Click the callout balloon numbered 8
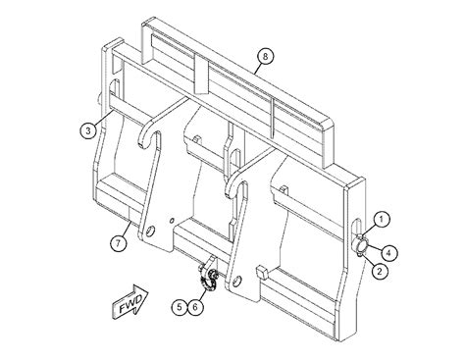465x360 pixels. pyautogui.click(x=265, y=56)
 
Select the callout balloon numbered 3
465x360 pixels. pyautogui.click(x=88, y=131)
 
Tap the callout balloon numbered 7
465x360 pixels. pyautogui.click(x=118, y=243)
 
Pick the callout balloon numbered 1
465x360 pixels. pyautogui.click(x=382, y=220)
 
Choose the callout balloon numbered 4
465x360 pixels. pyautogui.click(x=388, y=252)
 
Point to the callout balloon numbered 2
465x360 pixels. pyautogui.click(x=380, y=271)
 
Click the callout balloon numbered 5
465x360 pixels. pyautogui.click(x=180, y=307)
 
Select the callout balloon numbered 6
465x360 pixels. pyautogui.click(x=195, y=307)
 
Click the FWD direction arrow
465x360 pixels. pyautogui.click(x=129, y=301)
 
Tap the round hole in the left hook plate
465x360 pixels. pyautogui.click(x=150, y=231)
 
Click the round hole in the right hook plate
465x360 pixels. pyautogui.click(x=237, y=281)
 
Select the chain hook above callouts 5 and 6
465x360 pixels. pyautogui.click(x=208, y=276)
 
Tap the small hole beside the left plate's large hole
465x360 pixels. pyautogui.click(x=172, y=222)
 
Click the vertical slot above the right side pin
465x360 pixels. pyautogui.click(x=356, y=229)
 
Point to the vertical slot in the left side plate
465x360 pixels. pyautogui.click(x=115, y=87)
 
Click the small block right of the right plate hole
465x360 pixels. pyautogui.click(x=262, y=272)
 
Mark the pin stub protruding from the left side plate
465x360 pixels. pyautogui.click(x=99, y=99)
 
